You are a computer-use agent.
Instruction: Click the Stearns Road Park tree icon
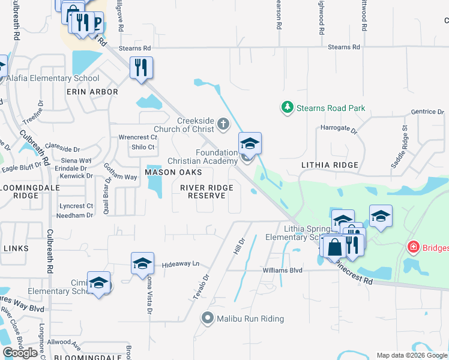288,108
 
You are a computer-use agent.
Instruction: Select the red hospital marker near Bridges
413,247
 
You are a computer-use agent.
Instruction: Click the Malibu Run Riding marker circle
208,318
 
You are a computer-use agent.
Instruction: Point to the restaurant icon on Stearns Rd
141,67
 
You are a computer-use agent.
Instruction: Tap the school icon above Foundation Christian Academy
250,143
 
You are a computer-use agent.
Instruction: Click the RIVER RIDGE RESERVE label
206,191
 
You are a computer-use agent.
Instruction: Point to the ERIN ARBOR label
92,92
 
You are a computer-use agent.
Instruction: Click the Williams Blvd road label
282,270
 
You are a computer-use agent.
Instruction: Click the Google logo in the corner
20,353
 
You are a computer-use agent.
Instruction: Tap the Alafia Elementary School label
53,78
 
